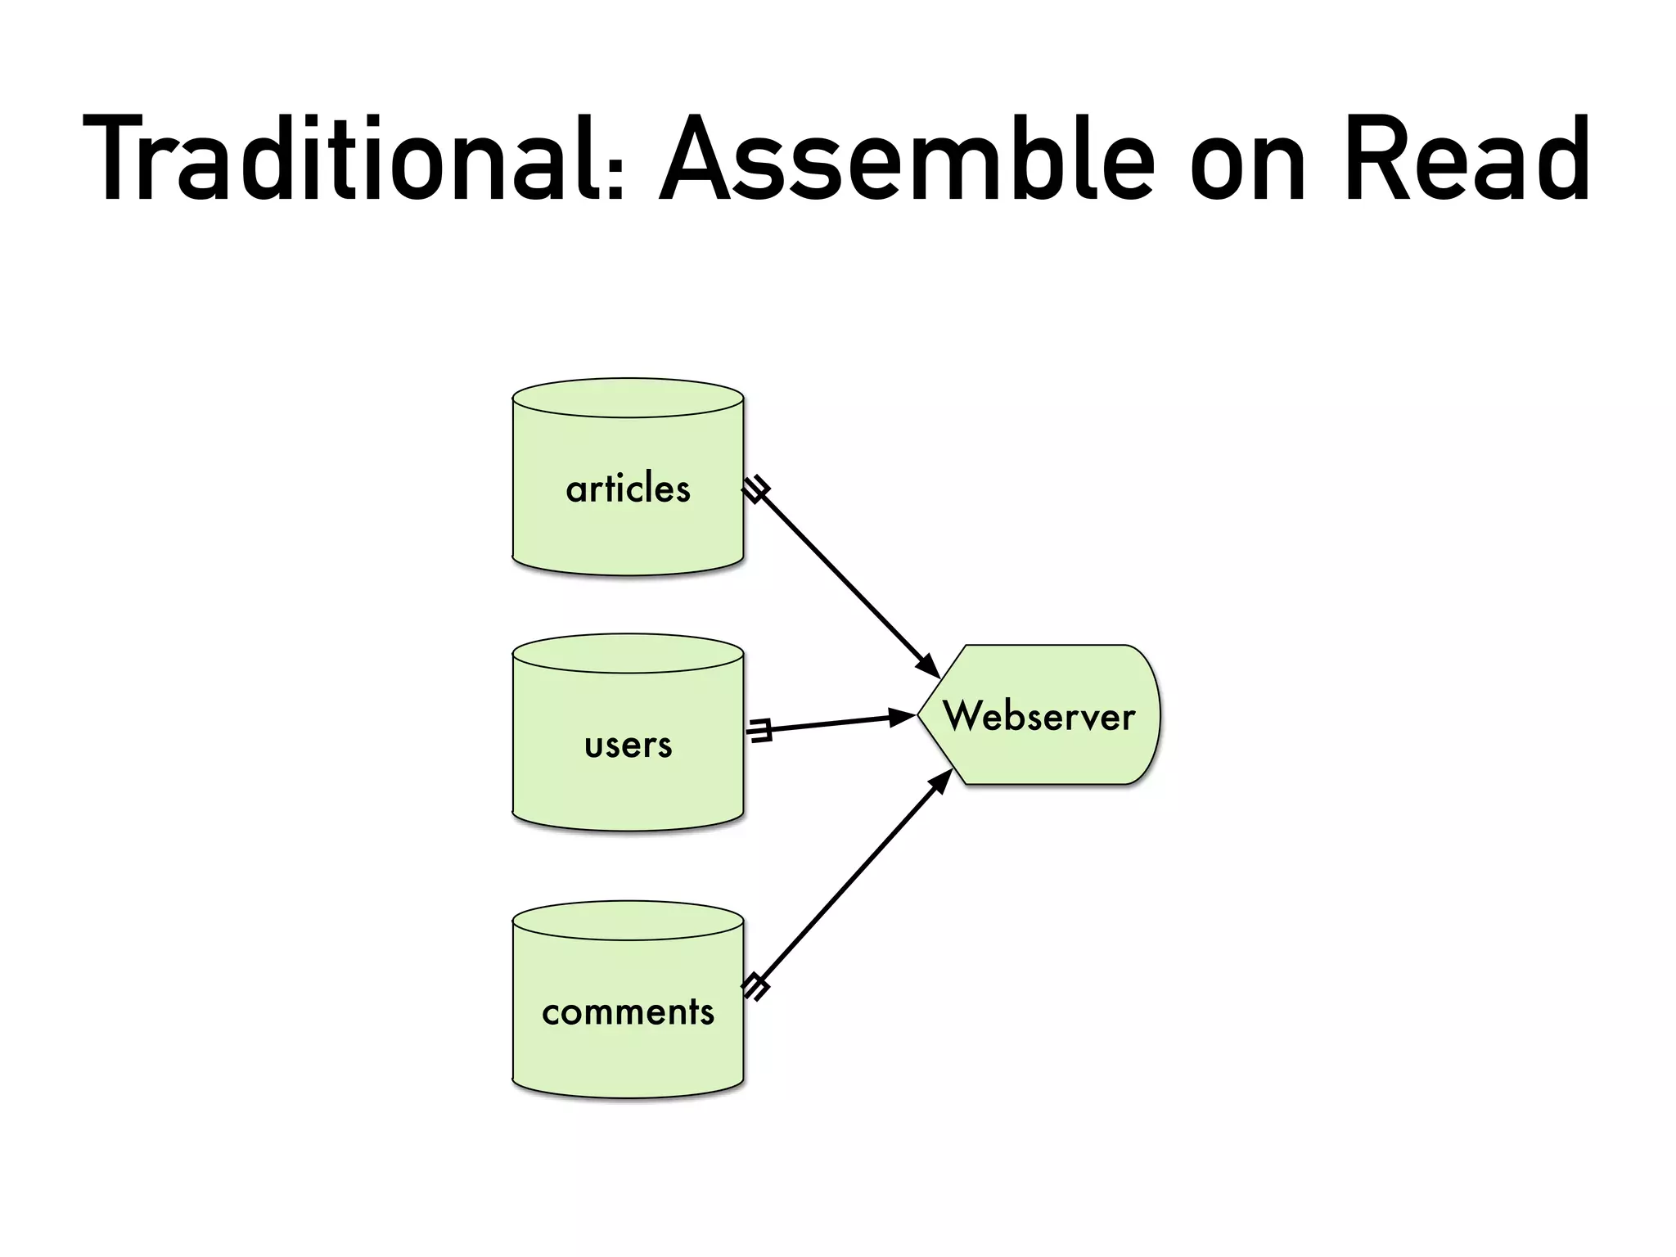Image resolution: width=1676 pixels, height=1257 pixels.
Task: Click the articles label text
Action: point(628,489)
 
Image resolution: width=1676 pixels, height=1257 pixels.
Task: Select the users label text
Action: point(628,746)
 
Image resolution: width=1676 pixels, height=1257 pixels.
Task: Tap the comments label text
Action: point(628,1012)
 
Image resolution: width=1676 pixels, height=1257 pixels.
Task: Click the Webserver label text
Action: point(1038,716)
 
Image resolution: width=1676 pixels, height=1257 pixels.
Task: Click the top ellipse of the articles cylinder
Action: point(628,399)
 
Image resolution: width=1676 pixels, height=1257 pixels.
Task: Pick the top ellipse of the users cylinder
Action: point(628,654)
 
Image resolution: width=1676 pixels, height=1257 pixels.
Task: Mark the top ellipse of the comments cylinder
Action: point(628,921)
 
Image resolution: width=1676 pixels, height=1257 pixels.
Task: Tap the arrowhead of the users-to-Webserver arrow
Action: point(903,718)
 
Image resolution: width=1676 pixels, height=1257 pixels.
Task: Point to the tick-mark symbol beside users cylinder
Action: point(760,730)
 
